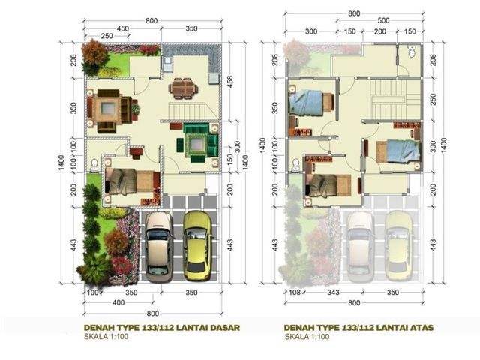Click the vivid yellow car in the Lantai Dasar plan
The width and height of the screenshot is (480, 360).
[197, 245]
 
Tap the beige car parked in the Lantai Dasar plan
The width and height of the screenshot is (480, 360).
[158, 247]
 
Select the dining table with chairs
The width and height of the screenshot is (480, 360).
[183, 88]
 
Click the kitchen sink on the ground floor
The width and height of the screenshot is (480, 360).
[168, 64]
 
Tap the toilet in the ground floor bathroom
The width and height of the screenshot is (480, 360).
[94, 164]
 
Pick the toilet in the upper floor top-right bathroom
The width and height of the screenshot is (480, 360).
[412, 52]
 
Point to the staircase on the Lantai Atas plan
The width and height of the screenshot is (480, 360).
[395, 99]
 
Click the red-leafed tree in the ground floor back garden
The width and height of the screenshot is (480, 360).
[94, 52]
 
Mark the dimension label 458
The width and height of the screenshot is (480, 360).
[230, 82]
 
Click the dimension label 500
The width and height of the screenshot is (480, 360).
[383, 21]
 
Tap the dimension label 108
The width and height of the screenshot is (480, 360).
[295, 292]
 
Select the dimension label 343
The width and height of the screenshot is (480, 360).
[333, 292]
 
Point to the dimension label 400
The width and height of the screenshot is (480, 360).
[118, 303]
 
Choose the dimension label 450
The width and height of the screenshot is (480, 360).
[123, 28]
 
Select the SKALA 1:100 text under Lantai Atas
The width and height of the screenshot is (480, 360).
[307, 337]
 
